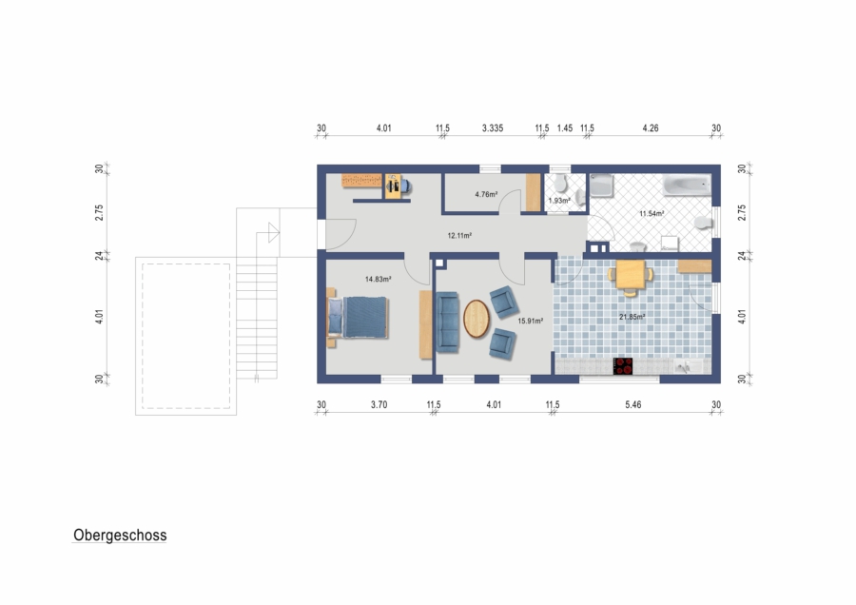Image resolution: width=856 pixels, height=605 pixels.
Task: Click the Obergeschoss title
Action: (x=120, y=536)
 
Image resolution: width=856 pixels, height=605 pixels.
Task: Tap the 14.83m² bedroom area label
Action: (x=378, y=279)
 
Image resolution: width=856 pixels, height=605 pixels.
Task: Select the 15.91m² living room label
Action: (x=530, y=322)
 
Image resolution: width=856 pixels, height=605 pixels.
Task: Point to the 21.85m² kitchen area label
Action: (x=632, y=317)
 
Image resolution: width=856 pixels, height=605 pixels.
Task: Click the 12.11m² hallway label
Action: (x=459, y=236)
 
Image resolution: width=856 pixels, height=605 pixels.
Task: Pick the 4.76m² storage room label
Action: (x=486, y=194)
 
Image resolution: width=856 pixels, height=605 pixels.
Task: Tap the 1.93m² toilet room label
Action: (x=559, y=201)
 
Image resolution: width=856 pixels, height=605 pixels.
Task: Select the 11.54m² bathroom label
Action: (x=652, y=214)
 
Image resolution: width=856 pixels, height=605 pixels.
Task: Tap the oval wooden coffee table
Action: (x=477, y=319)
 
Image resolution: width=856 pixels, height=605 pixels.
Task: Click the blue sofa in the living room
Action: (x=448, y=322)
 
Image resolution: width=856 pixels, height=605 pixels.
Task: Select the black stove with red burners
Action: (x=623, y=366)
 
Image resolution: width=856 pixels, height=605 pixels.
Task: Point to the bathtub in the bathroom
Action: (x=688, y=185)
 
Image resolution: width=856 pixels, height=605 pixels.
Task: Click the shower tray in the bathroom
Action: (x=602, y=185)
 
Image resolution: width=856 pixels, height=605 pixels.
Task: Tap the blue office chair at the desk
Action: (x=405, y=186)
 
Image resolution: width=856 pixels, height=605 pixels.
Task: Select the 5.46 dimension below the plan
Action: (x=633, y=404)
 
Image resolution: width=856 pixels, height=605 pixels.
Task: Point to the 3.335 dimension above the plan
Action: (x=493, y=128)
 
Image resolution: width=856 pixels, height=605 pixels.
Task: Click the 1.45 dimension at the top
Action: (x=565, y=128)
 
